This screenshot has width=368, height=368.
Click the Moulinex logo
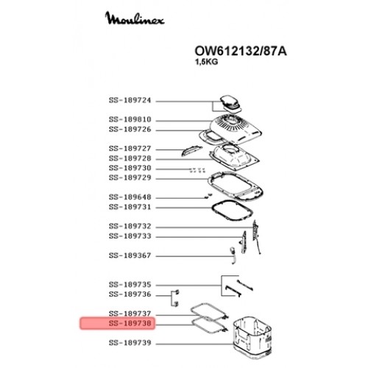point(135,18)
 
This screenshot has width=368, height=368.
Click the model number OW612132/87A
point(241,52)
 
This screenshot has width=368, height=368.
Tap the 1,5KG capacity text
point(206,62)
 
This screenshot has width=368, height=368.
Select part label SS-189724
point(130,100)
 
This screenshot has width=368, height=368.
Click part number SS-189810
point(130,119)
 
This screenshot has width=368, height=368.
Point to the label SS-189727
point(130,149)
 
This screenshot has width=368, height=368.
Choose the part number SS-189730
point(130,168)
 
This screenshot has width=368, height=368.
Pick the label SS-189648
point(130,197)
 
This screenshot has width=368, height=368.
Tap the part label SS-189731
point(130,207)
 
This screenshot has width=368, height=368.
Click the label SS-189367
point(130,255)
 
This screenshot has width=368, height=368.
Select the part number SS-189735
point(130,285)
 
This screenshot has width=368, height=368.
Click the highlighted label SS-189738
point(130,323)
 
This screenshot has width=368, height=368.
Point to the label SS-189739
point(130,343)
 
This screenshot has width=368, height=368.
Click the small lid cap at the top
point(230,103)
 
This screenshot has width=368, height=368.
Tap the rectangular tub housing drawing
point(252,337)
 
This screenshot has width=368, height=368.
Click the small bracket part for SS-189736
point(175,298)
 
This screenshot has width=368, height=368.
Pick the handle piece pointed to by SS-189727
point(191,150)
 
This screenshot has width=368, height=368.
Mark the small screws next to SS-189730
point(197,170)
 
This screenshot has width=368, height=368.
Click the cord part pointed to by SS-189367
point(233,255)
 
